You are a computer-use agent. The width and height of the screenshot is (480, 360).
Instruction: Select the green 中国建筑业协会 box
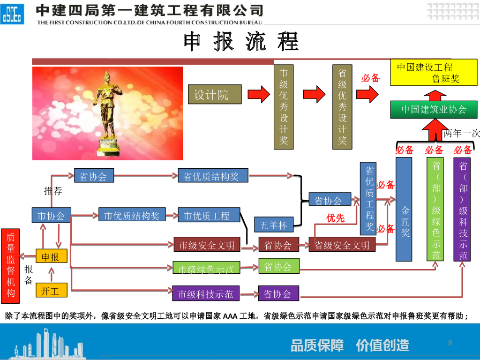click(434, 110)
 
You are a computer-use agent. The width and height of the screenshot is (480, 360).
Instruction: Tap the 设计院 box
click(215, 95)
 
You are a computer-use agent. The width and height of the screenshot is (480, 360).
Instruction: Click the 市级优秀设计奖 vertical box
click(284, 107)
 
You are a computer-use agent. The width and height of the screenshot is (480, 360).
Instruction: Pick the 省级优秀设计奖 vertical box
click(342, 107)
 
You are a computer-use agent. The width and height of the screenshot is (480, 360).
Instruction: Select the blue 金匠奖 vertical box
click(404, 209)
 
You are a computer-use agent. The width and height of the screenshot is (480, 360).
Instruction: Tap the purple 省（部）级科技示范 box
click(463, 209)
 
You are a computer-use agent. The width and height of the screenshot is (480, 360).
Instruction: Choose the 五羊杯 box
click(274, 225)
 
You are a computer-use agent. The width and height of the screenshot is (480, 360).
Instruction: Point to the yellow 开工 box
click(51, 291)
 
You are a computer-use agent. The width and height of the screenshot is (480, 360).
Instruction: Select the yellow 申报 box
click(51, 257)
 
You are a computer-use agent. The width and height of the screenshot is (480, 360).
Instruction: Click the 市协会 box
click(51, 216)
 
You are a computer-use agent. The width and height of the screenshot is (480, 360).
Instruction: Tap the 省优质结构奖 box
click(213, 176)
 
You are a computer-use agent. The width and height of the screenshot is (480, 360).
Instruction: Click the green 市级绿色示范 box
click(206, 269)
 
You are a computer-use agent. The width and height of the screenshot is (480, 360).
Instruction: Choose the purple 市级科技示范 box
click(206, 293)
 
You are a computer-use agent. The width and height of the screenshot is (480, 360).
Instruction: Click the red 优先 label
click(336, 218)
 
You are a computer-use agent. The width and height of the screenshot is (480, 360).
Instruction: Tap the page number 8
click(450, 343)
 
